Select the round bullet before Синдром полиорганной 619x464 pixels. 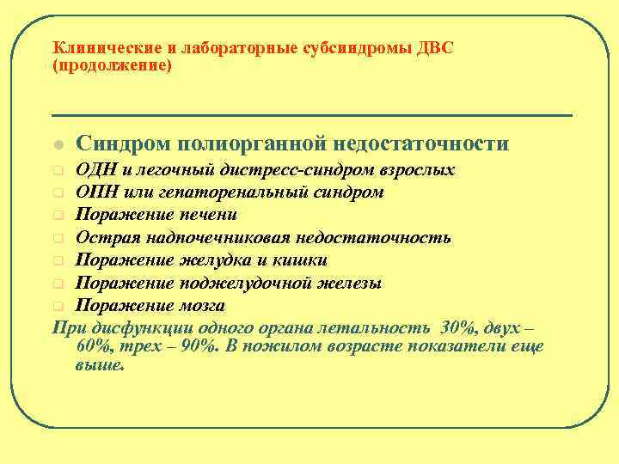point(57,144)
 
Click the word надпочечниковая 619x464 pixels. point(212,237)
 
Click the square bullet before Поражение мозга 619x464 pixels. point(57,307)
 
